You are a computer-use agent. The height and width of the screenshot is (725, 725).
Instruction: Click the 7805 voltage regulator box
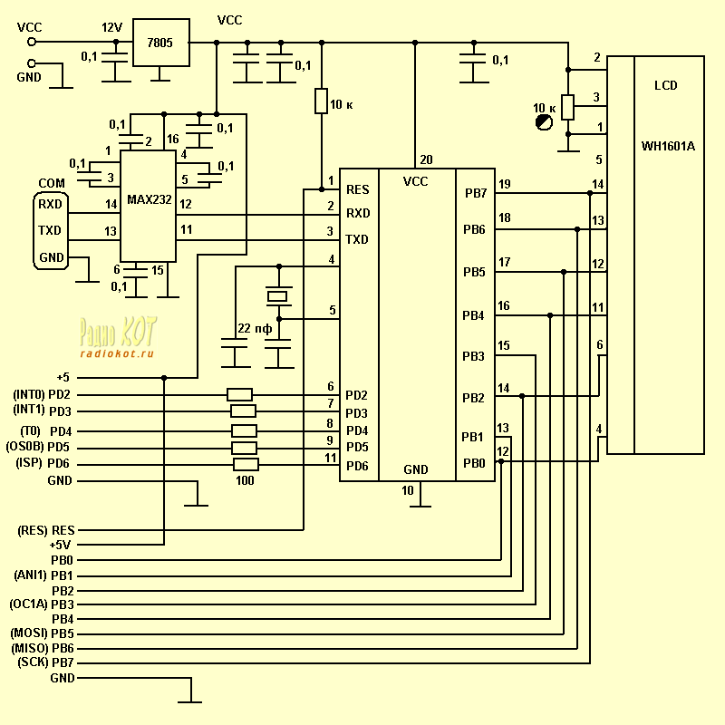160,43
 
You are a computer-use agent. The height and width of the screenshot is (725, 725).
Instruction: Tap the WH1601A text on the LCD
668,147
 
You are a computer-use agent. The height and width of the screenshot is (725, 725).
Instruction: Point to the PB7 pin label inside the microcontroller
474,193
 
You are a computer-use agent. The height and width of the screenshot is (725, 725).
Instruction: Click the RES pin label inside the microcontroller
357,189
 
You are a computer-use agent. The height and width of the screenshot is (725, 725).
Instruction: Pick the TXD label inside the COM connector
50,230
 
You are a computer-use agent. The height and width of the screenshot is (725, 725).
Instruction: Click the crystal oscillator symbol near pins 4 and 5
278,295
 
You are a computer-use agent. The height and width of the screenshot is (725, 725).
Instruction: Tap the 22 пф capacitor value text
255,328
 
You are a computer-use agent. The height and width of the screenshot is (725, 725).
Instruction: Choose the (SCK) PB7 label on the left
45,662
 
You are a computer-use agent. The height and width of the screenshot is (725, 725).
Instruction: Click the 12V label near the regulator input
111,28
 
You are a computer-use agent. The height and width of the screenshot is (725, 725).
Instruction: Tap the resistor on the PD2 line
240,394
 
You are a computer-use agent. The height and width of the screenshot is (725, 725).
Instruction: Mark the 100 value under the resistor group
245,481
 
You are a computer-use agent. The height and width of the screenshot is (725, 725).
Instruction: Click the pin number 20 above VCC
426,159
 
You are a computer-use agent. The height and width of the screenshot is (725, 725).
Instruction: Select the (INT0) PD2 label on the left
42,394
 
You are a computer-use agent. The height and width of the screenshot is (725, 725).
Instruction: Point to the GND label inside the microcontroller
416,469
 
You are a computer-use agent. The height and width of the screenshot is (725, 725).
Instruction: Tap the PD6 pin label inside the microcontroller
357,466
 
